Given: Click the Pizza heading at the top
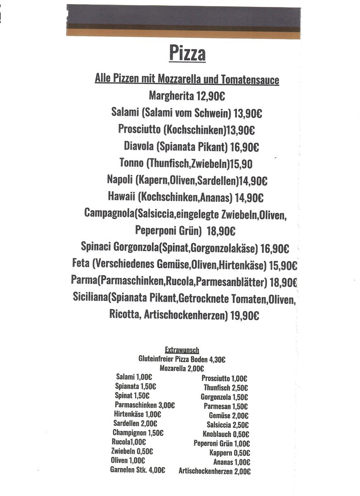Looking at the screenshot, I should (x=187, y=53).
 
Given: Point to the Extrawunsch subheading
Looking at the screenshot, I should (x=182, y=350).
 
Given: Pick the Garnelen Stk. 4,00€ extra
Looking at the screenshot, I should (x=137, y=470).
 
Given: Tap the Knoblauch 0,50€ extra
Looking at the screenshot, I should (x=226, y=434).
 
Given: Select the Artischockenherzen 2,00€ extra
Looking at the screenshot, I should (x=214, y=471).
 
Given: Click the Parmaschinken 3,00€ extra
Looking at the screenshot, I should (x=145, y=405).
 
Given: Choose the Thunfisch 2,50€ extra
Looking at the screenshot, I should (x=225, y=388).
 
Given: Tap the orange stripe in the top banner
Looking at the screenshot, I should (x=184, y=34).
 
